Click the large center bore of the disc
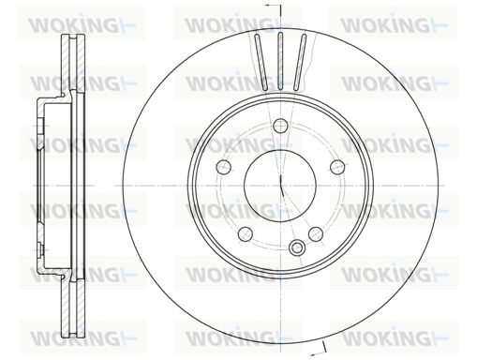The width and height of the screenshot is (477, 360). click(x=280, y=186)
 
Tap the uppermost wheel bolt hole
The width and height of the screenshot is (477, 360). click(x=280, y=126)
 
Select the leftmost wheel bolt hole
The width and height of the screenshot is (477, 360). click(x=224, y=167)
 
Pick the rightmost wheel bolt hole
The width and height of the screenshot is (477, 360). click(x=337, y=167)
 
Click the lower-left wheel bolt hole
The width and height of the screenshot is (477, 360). click(x=246, y=233)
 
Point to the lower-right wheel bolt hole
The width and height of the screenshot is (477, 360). click(x=316, y=234)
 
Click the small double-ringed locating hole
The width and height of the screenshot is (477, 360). click(x=296, y=247)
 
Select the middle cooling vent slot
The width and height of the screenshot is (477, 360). click(x=280, y=61)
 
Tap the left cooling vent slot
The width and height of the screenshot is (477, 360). click(x=261, y=63)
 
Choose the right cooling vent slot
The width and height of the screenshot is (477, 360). click(x=300, y=63)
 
